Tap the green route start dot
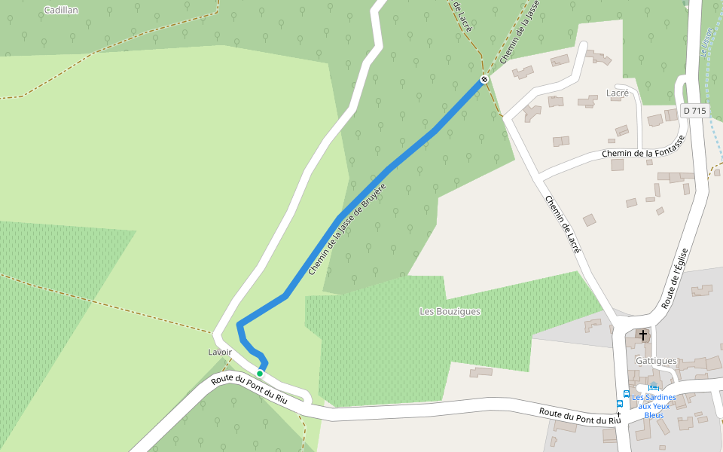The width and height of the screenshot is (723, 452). (x=260, y=374)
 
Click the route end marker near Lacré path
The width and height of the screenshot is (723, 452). (x=484, y=80)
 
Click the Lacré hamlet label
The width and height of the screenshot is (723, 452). (x=618, y=93)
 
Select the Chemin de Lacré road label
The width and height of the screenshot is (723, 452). (x=563, y=224)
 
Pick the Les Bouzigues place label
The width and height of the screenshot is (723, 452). (x=450, y=311)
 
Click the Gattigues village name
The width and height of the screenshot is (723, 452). (x=656, y=361)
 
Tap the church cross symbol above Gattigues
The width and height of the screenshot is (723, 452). (x=642, y=334)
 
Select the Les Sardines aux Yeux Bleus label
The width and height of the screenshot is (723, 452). (x=654, y=406)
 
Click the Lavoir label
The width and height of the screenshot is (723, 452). (x=220, y=352)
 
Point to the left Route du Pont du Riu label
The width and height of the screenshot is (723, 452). (x=249, y=389)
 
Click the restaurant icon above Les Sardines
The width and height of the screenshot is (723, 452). (x=653, y=387)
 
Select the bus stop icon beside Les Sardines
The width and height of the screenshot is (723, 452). (x=626, y=394)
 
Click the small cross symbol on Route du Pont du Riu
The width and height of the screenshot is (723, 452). (x=618, y=414)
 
